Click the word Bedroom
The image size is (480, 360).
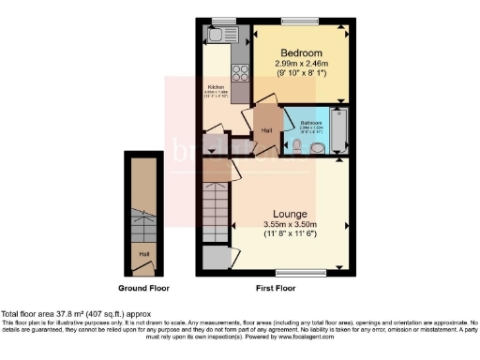300,52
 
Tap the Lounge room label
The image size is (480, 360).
290,212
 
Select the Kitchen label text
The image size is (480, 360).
216,87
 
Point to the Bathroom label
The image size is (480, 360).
310,124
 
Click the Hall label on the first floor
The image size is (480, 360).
267,130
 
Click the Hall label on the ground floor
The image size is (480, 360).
144,253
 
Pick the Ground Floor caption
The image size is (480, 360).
143,287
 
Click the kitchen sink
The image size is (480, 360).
223,36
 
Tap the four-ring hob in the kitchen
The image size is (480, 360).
238,73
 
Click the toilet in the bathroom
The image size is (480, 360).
318,149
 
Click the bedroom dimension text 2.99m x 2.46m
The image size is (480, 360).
299,63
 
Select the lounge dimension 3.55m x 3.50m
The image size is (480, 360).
290,225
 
